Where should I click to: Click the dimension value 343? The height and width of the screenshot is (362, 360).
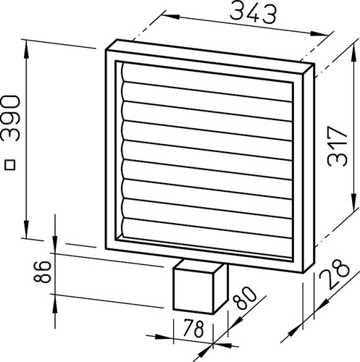pyautogui.click(x=253, y=14)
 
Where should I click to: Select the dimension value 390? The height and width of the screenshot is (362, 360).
pyautogui.click(x=10, y=118)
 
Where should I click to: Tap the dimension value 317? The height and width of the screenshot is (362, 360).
pyautogui.click(x=338, y=146)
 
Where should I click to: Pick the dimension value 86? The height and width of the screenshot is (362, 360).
pyautogui.click(x=43, y=271)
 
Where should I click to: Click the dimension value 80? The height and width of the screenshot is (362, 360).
pyautogui.click(x=244, y=298)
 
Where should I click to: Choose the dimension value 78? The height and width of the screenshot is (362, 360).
pyautogui.click(x=194, y=328)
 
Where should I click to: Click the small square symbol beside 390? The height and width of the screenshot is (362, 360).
pyautogui.click(x=10, y=165)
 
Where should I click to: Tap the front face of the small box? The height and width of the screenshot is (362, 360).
pyautogui.click(x=193, y=292)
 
